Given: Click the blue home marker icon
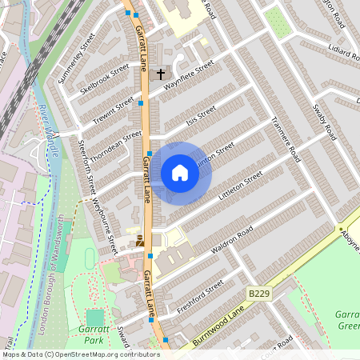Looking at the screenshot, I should pyautogui.click(x=180, y=173).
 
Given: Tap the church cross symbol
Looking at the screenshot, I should pyautogui.click(x=160, y=74).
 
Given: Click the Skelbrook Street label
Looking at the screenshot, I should pyautogui.click(x=104, y=81).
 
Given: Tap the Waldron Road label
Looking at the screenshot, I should pyautogui.click(x=232, y=239).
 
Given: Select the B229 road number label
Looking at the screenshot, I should pyautogui.click(x=257, y=294).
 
